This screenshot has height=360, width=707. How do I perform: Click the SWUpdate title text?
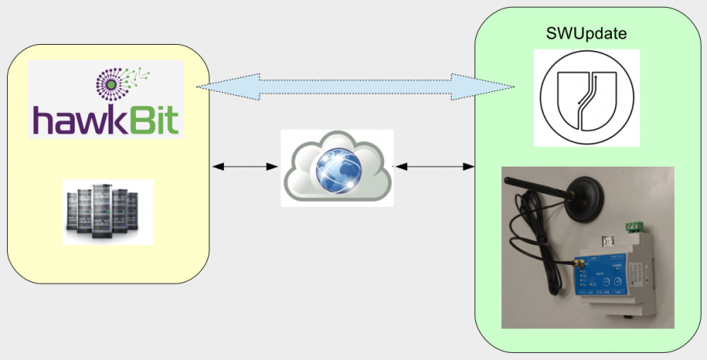(x=586, y=35)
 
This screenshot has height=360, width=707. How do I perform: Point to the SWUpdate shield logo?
(x=586, y=97)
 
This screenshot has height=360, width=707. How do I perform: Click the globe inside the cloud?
(x=338, y=168)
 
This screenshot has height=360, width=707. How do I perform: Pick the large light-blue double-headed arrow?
(x=354, y=86)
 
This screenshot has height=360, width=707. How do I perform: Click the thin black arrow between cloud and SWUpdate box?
(x=434, y=167)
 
